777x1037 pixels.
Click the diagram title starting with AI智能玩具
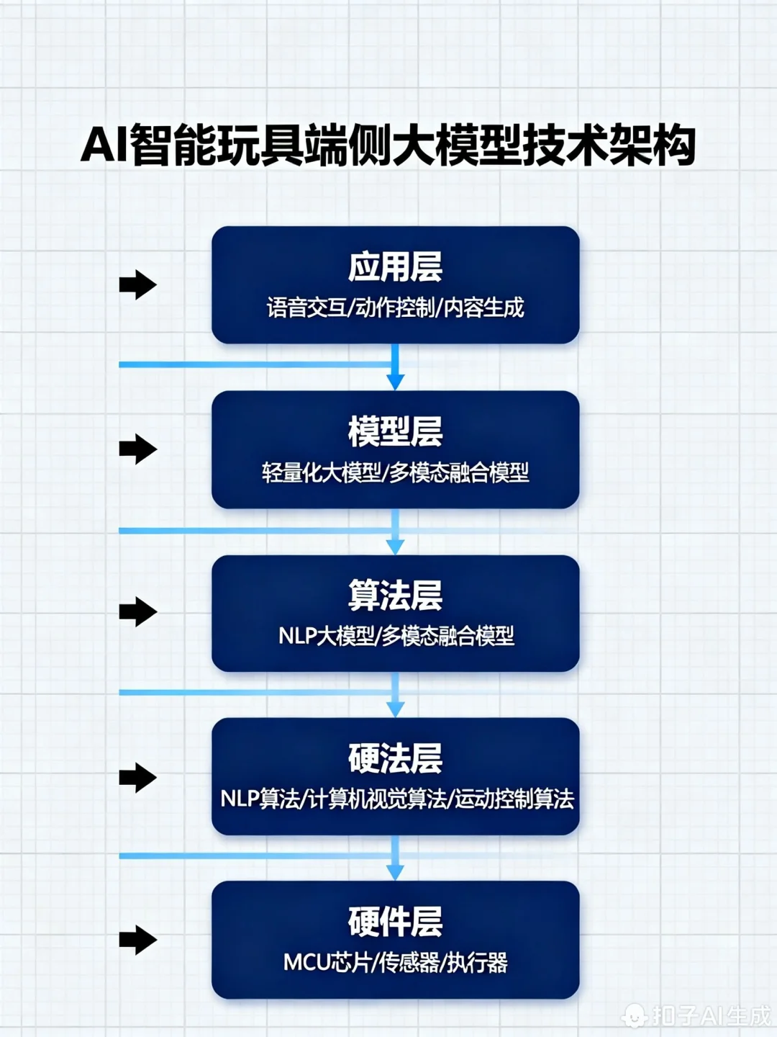[388, 145]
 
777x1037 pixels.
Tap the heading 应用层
[395, 267]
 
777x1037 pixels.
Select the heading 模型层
[395, 431]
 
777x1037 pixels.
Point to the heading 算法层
[395, 596]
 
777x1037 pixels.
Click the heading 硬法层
[395, 758]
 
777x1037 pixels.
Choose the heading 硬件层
[395, 922]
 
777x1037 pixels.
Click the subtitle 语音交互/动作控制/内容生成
[395, 308]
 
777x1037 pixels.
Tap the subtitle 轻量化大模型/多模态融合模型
[395, 472]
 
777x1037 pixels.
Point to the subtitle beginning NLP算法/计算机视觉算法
[396, 799]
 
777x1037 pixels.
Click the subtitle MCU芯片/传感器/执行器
[395, 962]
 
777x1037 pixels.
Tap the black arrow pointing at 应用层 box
[138, 284]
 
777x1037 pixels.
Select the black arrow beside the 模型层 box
[138, 449]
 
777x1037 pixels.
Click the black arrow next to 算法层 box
[138, 612]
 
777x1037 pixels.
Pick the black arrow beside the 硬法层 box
[138, 777]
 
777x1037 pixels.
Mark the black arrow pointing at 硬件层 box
[138, 940]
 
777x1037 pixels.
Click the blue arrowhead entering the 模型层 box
[395, 381]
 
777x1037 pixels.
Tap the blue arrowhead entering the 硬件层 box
[395, 871]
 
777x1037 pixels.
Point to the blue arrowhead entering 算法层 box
[395, 547]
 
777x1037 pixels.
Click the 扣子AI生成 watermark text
[710, 1015]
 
